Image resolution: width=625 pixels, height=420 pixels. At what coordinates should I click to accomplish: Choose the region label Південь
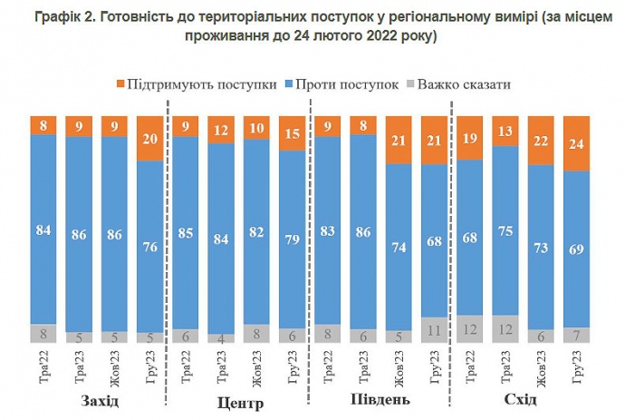(380, 400)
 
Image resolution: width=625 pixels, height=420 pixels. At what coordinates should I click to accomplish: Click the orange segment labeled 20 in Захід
(149, 138)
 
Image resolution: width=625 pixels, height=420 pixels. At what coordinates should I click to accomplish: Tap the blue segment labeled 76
(149, 245)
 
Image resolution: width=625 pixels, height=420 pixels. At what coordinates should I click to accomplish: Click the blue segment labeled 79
(292, 239)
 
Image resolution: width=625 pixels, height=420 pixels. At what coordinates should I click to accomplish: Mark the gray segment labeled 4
(221, 338)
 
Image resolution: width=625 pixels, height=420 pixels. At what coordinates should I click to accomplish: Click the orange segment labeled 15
(292, 133)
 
